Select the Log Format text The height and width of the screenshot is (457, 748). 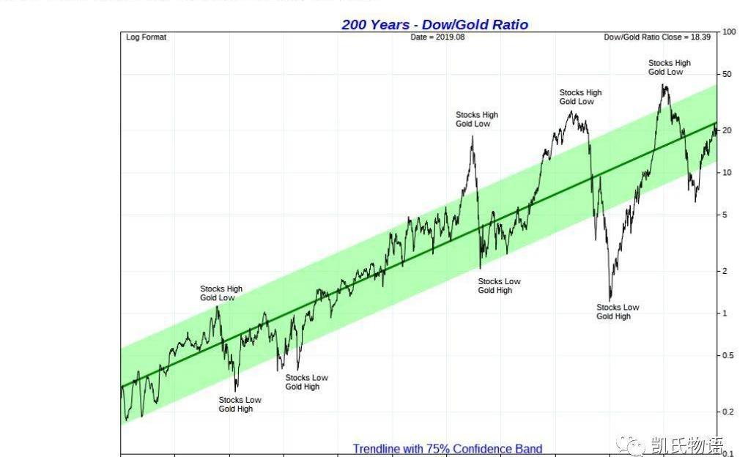147,37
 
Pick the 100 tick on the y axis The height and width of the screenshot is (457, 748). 729,32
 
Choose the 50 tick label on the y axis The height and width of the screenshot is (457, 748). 727,75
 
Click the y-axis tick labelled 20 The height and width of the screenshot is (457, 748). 727,130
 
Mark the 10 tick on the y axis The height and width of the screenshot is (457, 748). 727,173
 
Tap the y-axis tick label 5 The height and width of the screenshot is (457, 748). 725,215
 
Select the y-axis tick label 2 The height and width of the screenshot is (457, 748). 725,272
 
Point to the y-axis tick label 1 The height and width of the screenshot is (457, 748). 725,313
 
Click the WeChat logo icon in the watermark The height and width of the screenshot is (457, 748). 629,445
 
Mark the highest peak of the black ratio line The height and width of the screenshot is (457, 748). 664,86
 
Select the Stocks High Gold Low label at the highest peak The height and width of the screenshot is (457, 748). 669,67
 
